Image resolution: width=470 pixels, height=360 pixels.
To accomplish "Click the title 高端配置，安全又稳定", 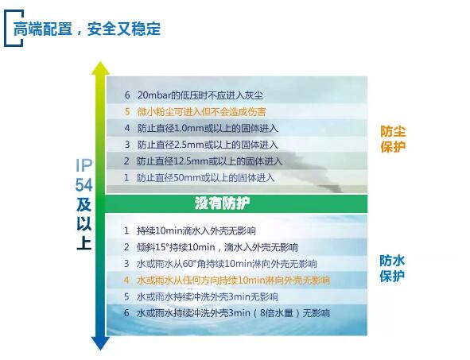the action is point(87,29).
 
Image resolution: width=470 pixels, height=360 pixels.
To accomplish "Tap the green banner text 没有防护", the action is point(222,203).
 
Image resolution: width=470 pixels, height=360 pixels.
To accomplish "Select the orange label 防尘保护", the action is point(393,139).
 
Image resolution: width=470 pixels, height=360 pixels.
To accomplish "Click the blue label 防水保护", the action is point(392,269).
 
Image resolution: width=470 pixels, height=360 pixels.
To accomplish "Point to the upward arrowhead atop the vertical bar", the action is point(100,68).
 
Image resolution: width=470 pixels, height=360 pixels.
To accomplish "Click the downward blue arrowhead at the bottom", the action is point(100,343).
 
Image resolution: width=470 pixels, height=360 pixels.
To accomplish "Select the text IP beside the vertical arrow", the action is point(84,165).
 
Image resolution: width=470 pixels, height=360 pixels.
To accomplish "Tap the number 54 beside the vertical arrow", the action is point(84,185).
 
